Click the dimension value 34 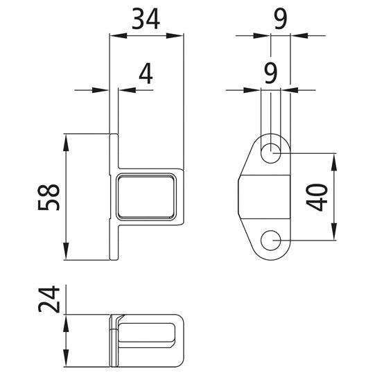pos(147,18)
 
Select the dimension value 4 pos(144,74)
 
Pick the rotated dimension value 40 pos(318,197)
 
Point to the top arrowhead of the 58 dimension pos(66,139)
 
